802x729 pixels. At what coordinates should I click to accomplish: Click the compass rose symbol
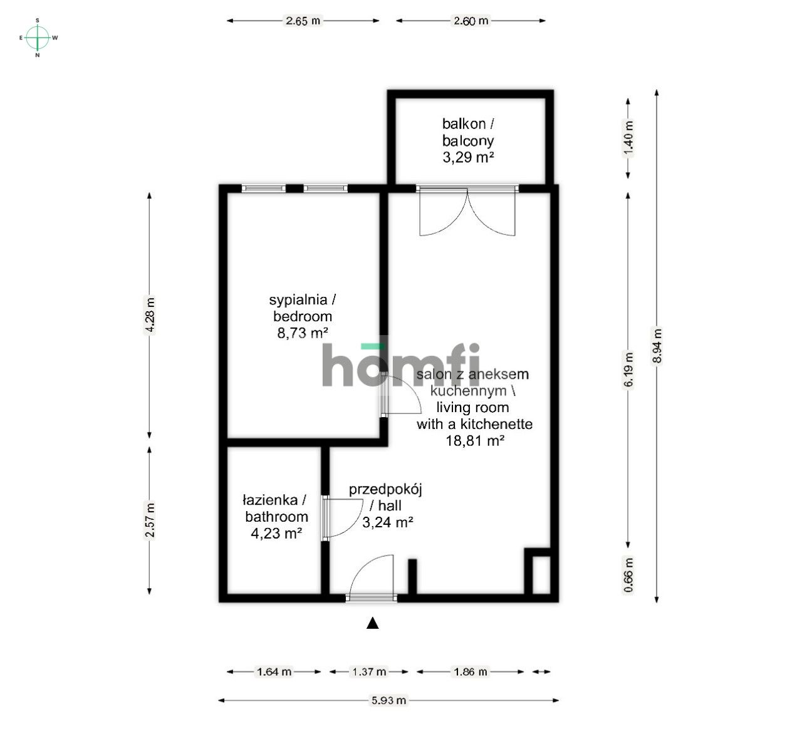coord(38,38)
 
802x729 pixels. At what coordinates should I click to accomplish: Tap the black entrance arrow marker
coord(373,623)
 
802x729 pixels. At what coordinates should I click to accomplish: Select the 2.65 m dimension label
coord(303,21)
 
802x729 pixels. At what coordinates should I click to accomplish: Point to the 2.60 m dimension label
coord(471,21)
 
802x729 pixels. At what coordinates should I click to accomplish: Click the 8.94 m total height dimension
coord(656,346)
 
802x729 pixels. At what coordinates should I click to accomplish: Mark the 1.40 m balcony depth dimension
coord(628,138)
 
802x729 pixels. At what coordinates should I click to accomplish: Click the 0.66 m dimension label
coord(628,575)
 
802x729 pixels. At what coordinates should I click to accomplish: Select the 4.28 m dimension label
coord(149,315)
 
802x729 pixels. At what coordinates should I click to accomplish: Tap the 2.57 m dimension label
coord(149,520)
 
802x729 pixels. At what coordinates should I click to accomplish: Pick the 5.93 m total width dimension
coord(388,700)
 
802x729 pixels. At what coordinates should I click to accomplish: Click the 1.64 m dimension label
coord(274,672)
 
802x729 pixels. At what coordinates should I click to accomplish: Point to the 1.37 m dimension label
coord(369,672)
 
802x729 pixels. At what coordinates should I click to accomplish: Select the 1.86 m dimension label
coord(470,672)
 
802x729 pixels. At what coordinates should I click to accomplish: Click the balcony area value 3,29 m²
coord(468,157)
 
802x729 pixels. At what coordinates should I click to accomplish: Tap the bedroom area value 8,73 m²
coord(303,333)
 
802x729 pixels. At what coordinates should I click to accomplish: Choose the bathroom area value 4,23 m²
coord(276,534)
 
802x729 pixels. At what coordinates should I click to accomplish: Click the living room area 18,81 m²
coord(475,440)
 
